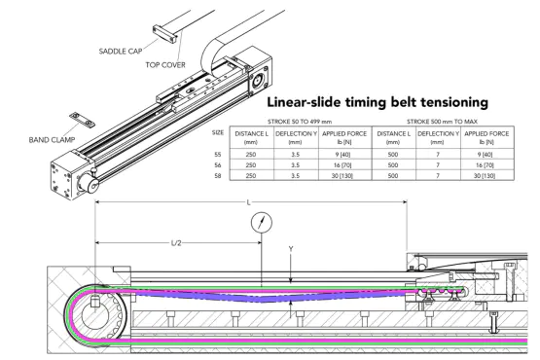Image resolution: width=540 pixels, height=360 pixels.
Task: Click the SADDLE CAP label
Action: [121, 52]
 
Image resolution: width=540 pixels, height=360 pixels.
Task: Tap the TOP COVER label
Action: [165, 65]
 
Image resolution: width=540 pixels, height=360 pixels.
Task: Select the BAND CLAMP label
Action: [52, 140]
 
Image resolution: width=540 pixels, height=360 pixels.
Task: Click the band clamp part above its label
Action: [83, 120]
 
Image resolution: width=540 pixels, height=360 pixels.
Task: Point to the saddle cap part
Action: [165, 34]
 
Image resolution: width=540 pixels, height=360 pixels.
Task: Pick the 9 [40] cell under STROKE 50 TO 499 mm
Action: [342, 155]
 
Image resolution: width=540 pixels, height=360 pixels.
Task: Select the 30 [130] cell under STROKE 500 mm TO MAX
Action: [485, 176]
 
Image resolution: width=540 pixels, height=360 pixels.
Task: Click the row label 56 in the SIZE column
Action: [217, 165]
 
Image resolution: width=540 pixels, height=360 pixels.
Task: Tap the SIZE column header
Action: [218, 132]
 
